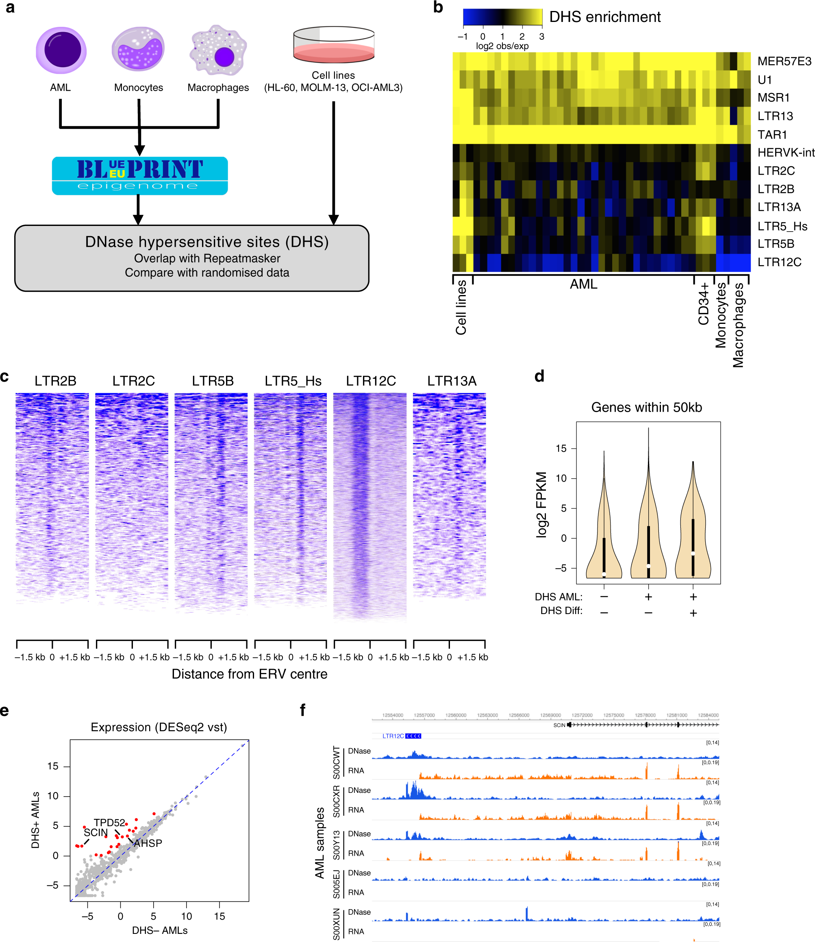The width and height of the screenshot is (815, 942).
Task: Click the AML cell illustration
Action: point(61,50)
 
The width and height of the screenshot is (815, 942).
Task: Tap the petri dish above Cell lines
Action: point(333,45)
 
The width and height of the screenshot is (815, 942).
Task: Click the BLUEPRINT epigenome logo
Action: point(139,176)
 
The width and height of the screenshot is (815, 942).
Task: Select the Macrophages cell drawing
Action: point(218,50)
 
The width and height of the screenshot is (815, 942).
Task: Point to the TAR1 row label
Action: point(772,135)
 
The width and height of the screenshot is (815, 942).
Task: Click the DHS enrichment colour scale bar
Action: point(502,17)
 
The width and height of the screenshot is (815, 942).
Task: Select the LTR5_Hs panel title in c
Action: point(293,380)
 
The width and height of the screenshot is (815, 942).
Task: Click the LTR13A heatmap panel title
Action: point(451,380)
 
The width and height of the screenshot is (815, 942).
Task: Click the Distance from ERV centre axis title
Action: point(249,674)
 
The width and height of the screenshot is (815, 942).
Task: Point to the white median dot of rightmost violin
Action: point(693,553)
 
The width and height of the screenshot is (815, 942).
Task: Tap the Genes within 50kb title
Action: point(646,407)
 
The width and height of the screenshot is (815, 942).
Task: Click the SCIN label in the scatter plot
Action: point(96,832)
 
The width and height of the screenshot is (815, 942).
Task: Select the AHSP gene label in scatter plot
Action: point(148,843)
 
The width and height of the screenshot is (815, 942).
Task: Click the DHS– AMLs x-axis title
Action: point(160,930)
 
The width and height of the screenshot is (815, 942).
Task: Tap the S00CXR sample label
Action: point(337,801)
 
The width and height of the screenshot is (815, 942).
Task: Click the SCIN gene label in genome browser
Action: point(559,725)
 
